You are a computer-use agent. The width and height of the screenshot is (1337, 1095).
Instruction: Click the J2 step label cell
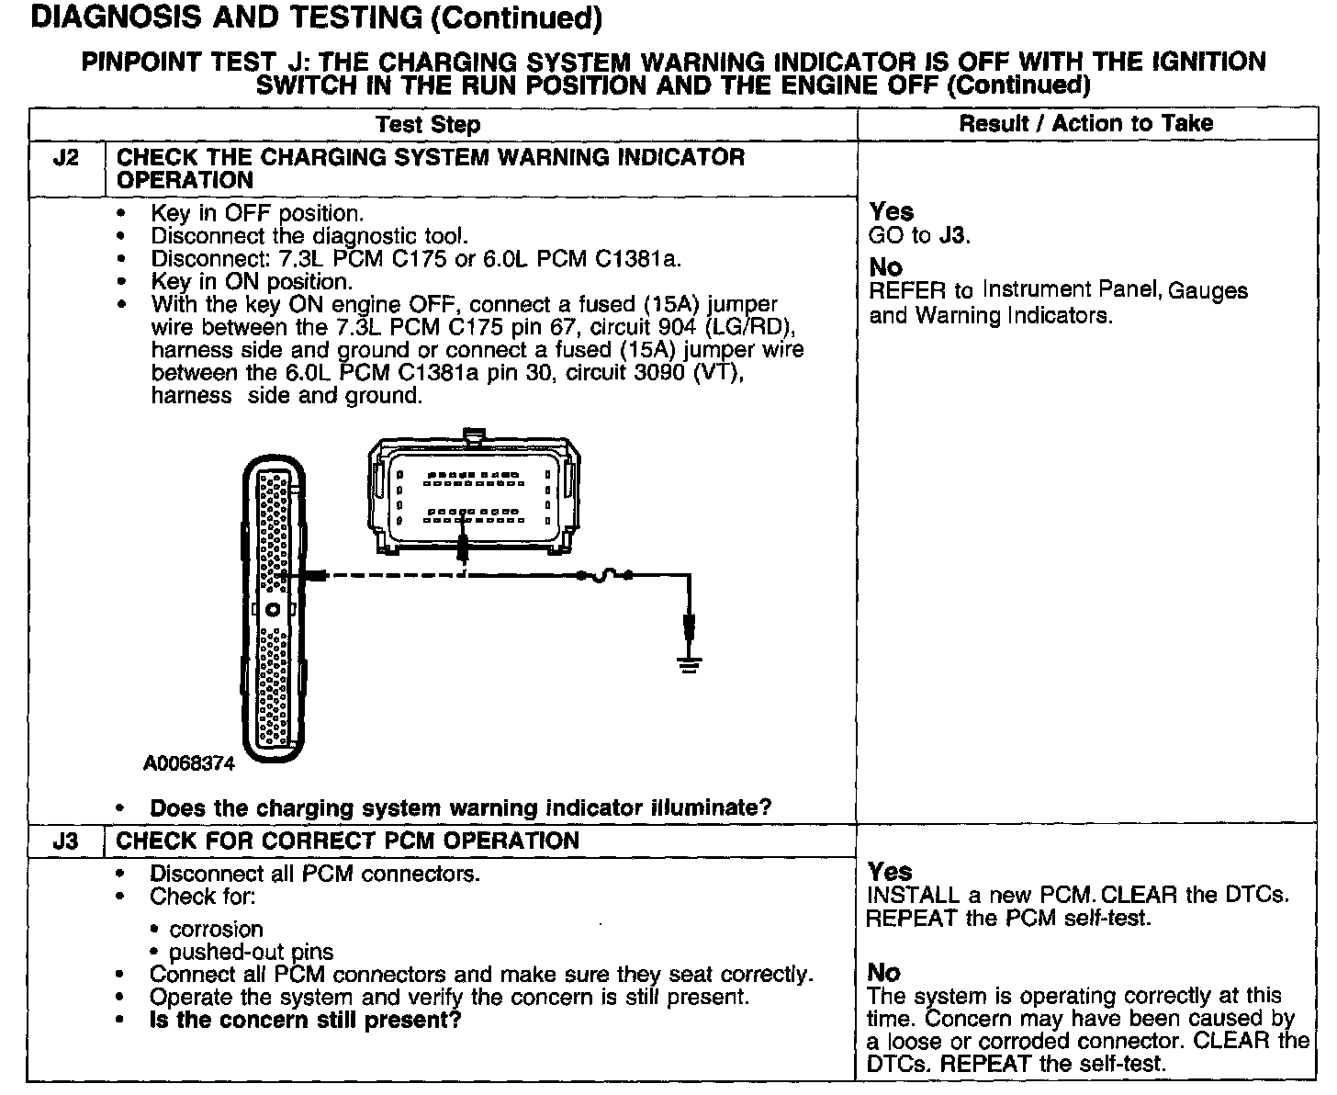pos(66,158)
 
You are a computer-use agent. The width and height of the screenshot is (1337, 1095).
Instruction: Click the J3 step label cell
pos(66,841)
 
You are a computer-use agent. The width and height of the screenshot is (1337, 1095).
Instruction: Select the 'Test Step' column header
pos(428,125)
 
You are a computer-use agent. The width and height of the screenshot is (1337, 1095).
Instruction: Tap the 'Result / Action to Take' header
pos(1085,123)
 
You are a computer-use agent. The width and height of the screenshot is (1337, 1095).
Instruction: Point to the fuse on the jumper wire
pos(604,575)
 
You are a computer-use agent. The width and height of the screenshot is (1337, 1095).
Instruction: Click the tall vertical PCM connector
pos(274,606)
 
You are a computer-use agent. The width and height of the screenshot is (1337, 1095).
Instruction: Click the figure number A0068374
pos(189,763)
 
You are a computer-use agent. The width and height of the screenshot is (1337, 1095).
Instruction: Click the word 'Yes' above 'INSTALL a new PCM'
pos(890,871)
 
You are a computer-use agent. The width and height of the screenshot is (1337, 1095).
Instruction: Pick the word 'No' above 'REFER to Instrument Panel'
pos(885,268)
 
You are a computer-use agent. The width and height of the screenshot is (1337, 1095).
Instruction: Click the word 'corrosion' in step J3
pos(216,929)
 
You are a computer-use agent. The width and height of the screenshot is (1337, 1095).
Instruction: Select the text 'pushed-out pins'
pos(251,952)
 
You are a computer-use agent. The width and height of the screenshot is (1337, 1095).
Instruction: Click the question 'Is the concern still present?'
pos(305,1020)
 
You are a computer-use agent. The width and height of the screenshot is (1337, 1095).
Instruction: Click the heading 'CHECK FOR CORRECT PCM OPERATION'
pos(348,841)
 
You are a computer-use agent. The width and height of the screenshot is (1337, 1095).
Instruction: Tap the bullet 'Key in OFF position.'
pos(257,213)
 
